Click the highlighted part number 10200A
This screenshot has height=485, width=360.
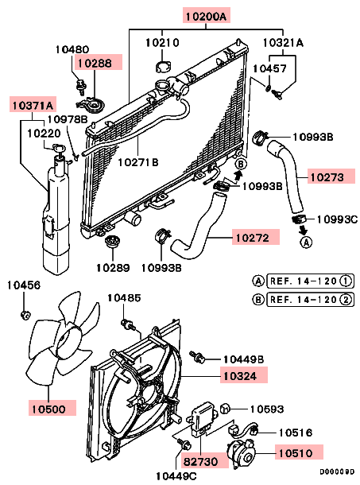207,15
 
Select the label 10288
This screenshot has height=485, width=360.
95,63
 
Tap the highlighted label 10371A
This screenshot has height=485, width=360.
33,105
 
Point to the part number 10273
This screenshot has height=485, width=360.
327,177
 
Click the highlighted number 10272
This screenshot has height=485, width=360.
253,238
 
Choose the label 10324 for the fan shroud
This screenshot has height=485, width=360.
240,376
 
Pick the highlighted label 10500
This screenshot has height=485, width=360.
48,409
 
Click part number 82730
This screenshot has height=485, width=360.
201,461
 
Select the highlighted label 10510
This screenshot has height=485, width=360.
296,453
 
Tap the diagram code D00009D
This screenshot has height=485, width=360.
338,471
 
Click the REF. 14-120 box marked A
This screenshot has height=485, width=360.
310,281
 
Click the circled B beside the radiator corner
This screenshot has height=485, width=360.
241,164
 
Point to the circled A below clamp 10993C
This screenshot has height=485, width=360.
306,242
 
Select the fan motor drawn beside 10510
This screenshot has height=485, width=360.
242,454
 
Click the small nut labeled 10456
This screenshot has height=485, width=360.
25,316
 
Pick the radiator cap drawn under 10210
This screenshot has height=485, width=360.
163,67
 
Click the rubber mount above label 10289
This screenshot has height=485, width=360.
113,241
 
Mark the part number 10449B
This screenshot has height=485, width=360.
244,359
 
